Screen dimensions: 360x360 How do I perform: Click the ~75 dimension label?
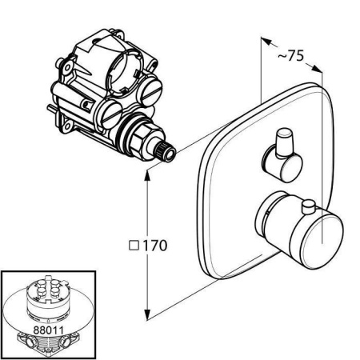pyautogui.click(x=290, y=56)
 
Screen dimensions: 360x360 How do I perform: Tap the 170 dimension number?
pyautogui.click(x=155, y=246)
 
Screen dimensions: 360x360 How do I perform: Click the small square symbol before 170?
pyautogui.click(x=134, y=246)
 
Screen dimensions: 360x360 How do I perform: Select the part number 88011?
pyautogui.click(x=48, y=330)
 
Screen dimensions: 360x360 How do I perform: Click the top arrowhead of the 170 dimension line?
pyautogui.click(x=147, y=176)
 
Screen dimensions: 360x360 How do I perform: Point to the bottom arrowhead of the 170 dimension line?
pyautogui.click(x=147, y=314)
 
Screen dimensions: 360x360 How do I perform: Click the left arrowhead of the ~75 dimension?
pyautogui.click(x=266, y=41)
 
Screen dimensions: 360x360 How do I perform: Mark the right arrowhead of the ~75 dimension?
pyautogui.click(x=318, y=68)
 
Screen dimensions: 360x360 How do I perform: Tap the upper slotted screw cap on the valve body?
pyautogui.click(x=150, y=90)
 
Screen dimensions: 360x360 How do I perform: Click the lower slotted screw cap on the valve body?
pyautogui.click(x=110, y=114)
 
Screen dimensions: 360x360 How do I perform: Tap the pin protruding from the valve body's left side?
pyautogui.click(x=52, y=109)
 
